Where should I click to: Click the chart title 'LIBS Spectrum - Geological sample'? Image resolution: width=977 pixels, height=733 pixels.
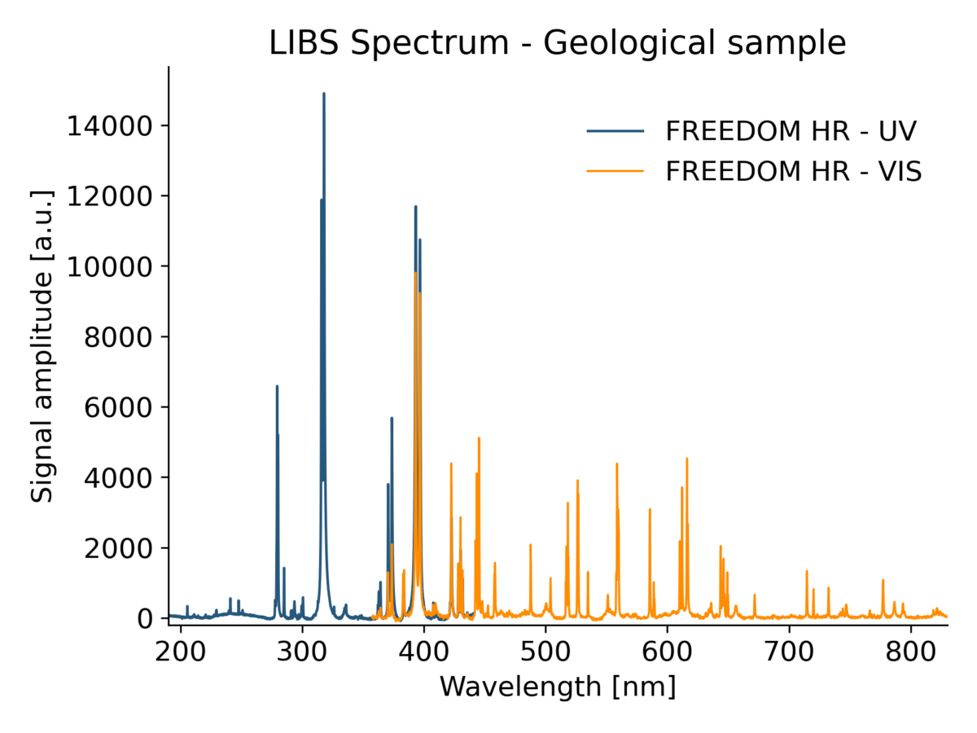pyautogui.click(x=558, y=43)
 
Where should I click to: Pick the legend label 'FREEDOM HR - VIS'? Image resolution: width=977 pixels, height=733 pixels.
pyautogui.click(x=793, y=171)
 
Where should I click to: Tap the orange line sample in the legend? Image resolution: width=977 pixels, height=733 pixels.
pyautogui.click(x=615, y=171)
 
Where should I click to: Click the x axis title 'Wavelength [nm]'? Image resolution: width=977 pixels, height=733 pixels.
pyautogui.click(x=558, y=687)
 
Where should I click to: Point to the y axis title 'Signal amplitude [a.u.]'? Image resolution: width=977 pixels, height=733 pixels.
pyautogui.click(x=42, y=346)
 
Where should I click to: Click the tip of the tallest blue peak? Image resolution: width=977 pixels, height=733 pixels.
pyautogui.click(x=324, y=93)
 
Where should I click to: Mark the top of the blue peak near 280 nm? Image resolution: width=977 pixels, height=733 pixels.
pyautogui.click(x=277, y=386)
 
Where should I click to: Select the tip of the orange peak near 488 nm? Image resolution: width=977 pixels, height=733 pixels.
pyautogui.click(x=531, y=545)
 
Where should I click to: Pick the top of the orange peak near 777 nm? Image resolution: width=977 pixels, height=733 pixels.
pyautogui.click(x=883, y=580)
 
